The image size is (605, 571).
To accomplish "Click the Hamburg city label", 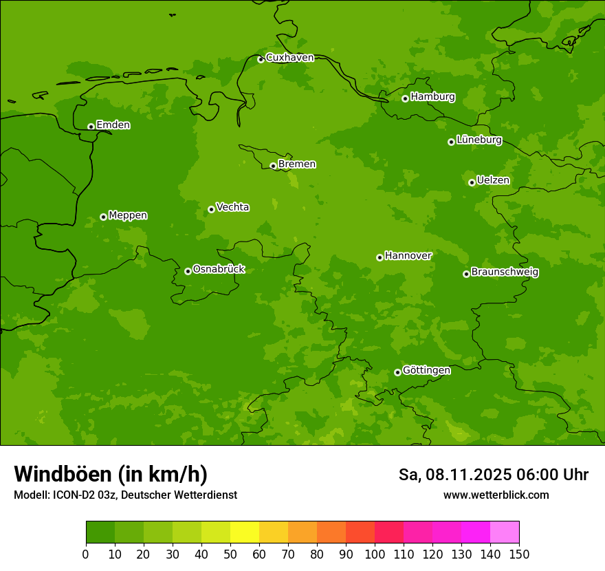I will coord(432,97).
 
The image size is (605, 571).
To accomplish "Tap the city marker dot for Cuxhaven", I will coord(261,60).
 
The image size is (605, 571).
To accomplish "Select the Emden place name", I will coord(113,125).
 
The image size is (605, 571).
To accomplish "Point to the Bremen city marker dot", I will coord(273,166).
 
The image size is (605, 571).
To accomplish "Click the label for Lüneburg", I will coord(478,140).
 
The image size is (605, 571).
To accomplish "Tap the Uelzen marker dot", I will coord(472,182).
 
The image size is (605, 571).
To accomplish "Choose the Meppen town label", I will coord(128,215).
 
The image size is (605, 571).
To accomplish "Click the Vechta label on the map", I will coord(232,207).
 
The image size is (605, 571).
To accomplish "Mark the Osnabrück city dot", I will coord(188,271).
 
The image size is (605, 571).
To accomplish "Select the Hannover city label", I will coord(408,256).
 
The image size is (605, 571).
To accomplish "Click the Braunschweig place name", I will coord(505,272).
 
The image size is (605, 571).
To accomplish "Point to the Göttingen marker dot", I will coord(397,372).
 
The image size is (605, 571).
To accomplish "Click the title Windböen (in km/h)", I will coord(111,474).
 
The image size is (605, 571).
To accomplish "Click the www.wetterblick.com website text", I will coord(496,495).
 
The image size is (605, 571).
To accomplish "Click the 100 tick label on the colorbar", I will coord(375,554).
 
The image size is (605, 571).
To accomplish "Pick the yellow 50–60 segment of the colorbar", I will coord(245,532).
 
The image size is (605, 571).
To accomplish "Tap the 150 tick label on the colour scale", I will coord(519,554).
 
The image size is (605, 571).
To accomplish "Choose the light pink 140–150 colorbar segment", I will coord(505,532).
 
